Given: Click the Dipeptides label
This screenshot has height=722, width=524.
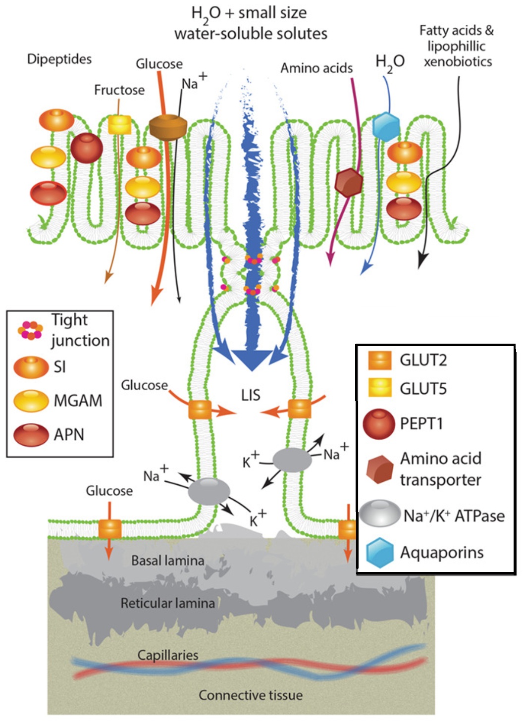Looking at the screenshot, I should click(59, 59).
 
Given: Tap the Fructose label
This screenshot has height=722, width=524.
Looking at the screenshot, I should click(119, 90).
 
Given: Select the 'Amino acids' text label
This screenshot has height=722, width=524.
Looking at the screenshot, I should click(316, 68).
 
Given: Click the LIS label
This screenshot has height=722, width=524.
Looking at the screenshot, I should click(251, 395).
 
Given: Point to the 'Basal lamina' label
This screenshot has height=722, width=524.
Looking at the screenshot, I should click(167, 561).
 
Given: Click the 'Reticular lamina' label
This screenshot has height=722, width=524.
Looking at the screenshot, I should click(167, 603).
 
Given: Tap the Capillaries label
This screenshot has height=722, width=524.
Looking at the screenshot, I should click(167, 655).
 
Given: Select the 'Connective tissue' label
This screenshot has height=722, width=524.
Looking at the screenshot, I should click(251, 695).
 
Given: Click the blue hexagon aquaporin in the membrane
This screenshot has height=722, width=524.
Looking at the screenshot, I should click(386, 126).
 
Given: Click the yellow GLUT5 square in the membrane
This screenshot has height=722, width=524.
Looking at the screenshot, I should click(119, 124).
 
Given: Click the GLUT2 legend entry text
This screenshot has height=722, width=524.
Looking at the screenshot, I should click(423, 360).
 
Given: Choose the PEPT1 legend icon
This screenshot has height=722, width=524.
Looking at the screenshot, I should click(379, 424).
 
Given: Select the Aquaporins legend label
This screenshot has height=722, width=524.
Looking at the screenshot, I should click(442, 553).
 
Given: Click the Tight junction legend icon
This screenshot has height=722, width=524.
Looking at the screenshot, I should click(30, 330).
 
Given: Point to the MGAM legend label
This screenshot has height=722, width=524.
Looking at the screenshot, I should click(78, 401).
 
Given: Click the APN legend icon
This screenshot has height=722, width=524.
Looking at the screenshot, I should click(31, 435).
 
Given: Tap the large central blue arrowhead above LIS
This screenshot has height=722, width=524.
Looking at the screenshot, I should click(252, 359).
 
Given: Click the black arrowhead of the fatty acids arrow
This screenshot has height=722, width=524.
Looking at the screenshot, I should click(422, 260).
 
